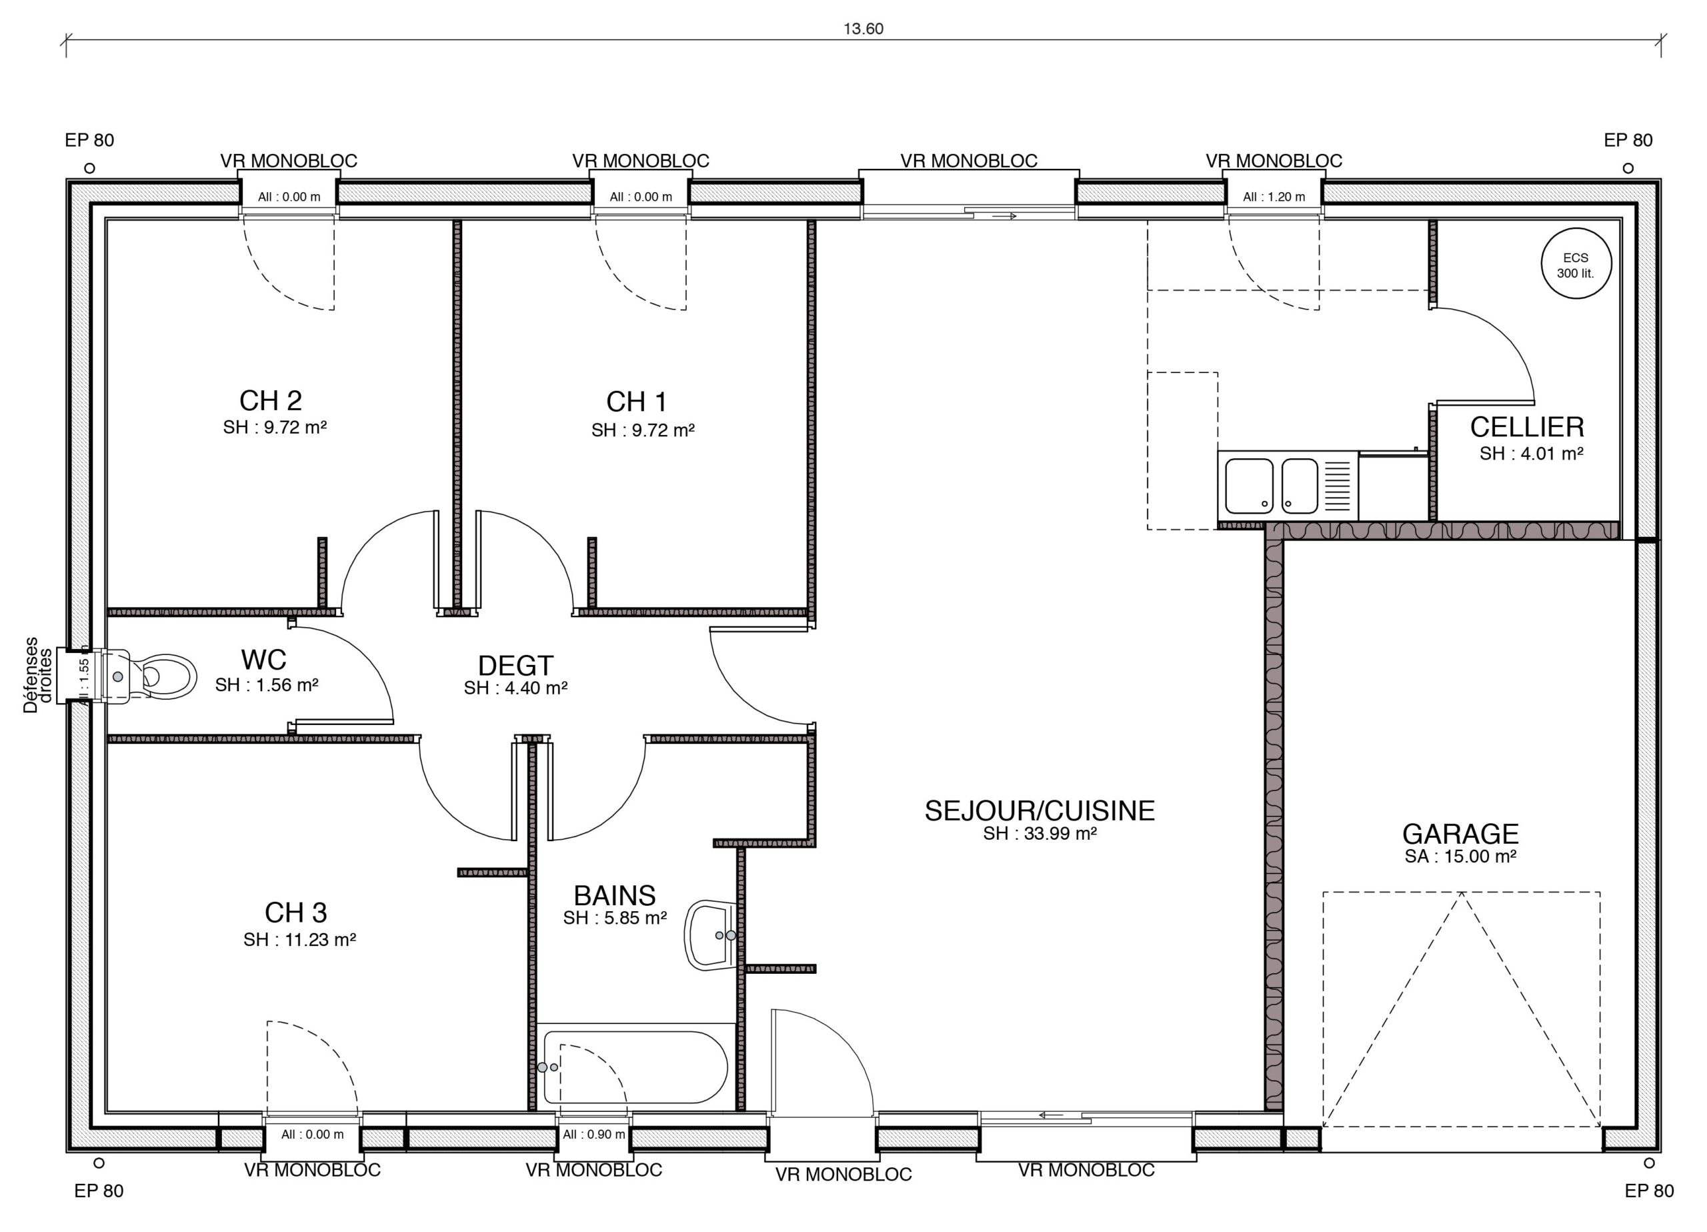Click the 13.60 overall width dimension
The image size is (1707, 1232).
click(x=863, y=29)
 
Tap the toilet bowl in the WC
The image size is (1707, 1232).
click(x=165, y=676)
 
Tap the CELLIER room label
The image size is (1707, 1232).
click(x=1526, y=427)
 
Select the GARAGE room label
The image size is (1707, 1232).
click(x=1460, y=834)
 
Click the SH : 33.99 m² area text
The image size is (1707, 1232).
click(x=1040, y=834)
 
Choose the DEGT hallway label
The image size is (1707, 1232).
click(x=515, y=666)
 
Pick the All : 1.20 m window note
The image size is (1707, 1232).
click(x=1274, y=197)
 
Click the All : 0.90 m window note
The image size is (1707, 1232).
click(x=594, y=1134)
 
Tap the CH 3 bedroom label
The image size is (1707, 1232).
click(x=296, y=912)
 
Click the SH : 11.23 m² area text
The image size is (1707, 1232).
click(x=299, y=940)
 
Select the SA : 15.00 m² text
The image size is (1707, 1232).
click(x=1460, y=856)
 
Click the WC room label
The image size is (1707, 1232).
click(x=263, y=660)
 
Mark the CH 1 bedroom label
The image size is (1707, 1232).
click(x=637, y=402)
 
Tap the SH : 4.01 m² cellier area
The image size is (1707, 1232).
click(x=1531, y=454)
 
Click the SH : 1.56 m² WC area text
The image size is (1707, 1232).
click(x=267, y=685)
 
